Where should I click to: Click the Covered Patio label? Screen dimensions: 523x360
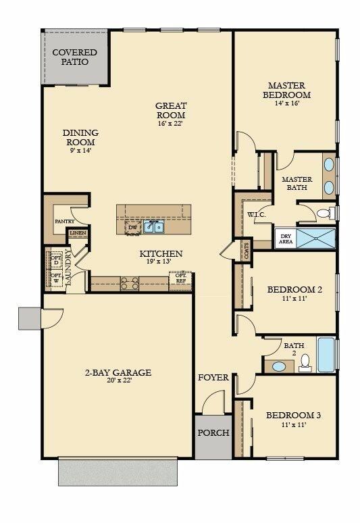75,57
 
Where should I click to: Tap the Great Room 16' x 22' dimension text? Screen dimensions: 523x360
170,124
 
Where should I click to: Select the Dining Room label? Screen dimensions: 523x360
80,137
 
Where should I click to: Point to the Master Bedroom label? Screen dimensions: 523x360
286,90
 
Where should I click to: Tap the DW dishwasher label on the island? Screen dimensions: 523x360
133,228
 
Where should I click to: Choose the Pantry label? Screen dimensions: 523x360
64,221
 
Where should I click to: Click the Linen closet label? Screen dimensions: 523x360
77,234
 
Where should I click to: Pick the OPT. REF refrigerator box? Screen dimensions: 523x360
181,278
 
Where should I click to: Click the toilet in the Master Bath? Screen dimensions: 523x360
324,213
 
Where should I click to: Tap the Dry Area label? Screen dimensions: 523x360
284,238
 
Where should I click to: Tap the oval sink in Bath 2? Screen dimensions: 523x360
278,367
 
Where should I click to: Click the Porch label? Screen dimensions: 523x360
213,433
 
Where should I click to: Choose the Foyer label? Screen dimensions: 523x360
213,377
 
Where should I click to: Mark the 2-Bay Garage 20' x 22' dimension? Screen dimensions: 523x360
118,380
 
